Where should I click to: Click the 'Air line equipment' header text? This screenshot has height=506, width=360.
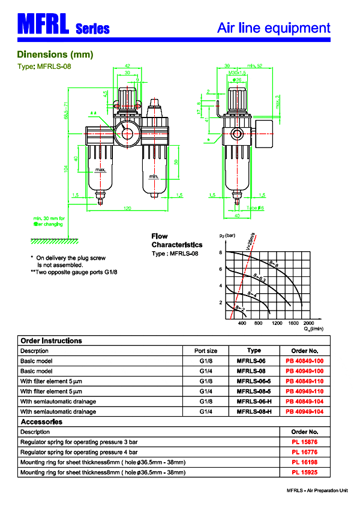(274, 28)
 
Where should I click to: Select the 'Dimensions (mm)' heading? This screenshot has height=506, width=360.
(55, 55)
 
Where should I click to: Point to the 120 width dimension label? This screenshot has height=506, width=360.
(127, 208)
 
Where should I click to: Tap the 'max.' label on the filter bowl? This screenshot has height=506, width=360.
(101, 171)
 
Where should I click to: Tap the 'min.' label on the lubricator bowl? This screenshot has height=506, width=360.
(154, 176)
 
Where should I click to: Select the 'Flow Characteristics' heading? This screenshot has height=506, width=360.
(177, 240)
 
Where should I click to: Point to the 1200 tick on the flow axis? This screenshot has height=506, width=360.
(276, 323)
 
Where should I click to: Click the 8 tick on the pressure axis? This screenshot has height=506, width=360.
(221, 253)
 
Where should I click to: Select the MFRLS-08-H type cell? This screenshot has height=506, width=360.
(254, 411)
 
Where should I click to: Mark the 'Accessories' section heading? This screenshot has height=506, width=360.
(41, 421)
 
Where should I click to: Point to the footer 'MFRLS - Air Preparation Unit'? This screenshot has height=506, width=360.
(317, 490)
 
